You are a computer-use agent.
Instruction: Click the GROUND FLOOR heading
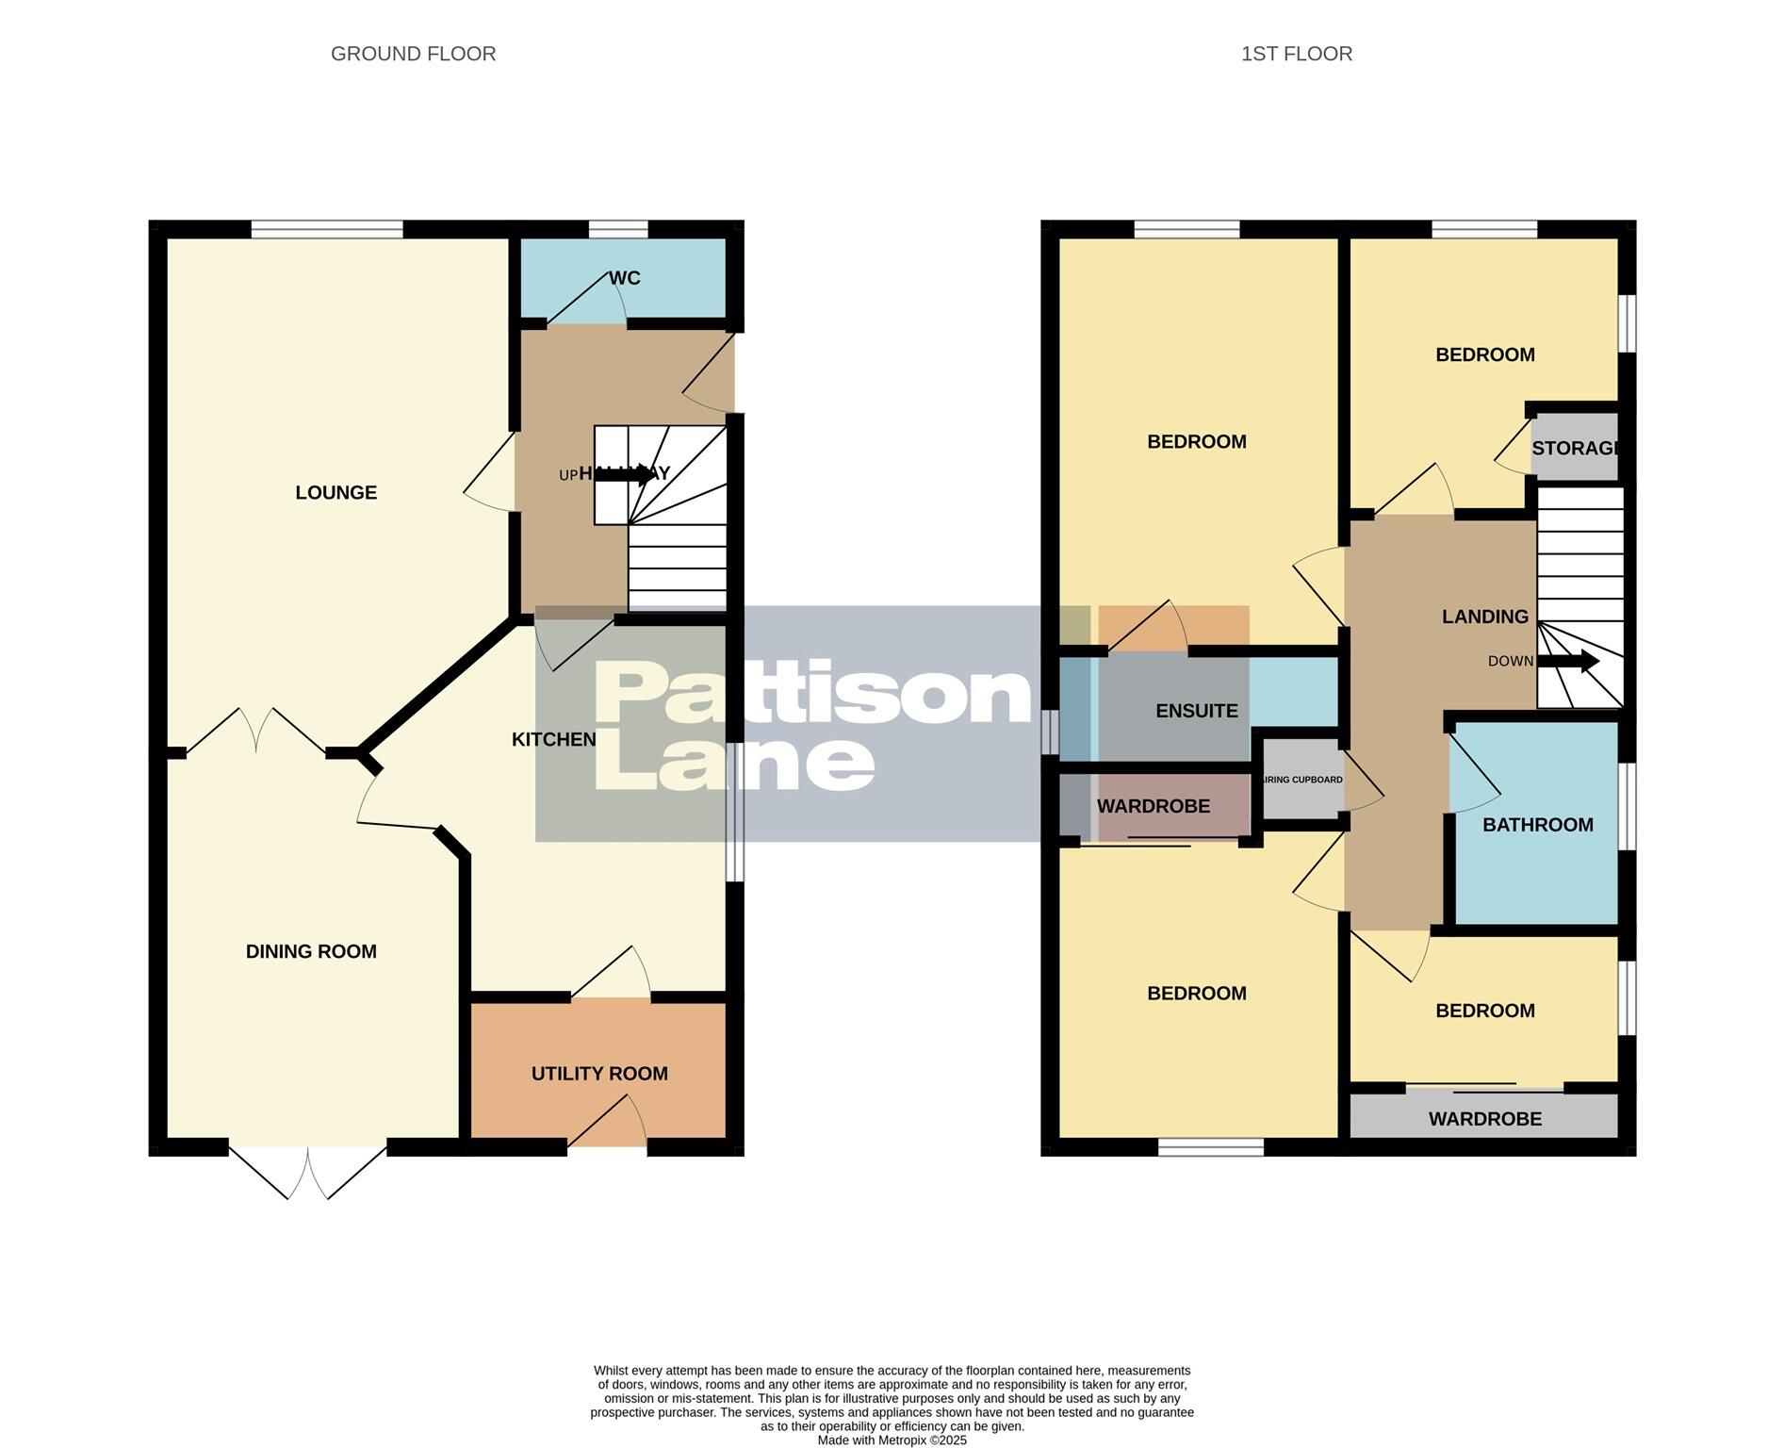413,54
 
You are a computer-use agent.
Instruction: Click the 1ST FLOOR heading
1296,54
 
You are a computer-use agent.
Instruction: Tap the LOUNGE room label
336,492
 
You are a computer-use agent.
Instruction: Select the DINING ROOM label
311,951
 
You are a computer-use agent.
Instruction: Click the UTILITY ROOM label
599,1073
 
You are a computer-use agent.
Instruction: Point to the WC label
624,278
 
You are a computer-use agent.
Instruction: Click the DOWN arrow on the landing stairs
1569,661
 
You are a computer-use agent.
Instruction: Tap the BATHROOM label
1537,825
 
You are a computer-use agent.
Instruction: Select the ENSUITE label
1196,711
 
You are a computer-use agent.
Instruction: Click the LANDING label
1484,617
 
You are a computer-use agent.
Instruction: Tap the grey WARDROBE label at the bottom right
1484,1119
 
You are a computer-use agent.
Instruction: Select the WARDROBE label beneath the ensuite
1153,806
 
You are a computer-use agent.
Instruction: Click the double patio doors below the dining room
308,1172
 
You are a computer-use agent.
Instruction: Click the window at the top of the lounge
327,228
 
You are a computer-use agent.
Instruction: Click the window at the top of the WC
618,228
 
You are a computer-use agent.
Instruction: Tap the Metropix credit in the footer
892,1440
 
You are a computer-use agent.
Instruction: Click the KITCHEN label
553,739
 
